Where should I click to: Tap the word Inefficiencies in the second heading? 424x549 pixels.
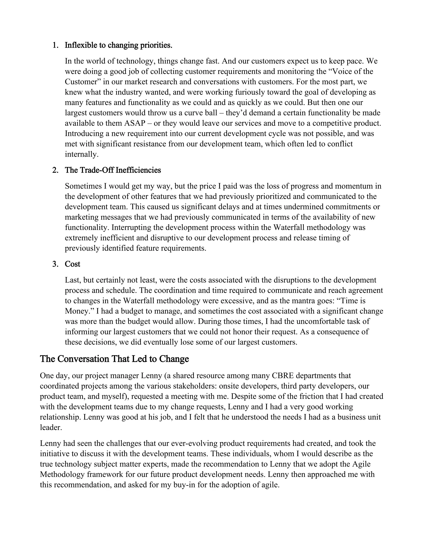pyautogui.click(x=138, y=170)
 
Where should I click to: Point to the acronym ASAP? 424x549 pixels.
pyautogui.click(x=135, y=123)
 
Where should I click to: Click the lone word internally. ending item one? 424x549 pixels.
pyautogui.click(x=82, y=154)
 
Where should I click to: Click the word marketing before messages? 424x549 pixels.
pyautogui.click(x=80, y=217)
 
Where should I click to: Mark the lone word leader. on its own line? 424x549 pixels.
pyautogui.click(x=51, y=427)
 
